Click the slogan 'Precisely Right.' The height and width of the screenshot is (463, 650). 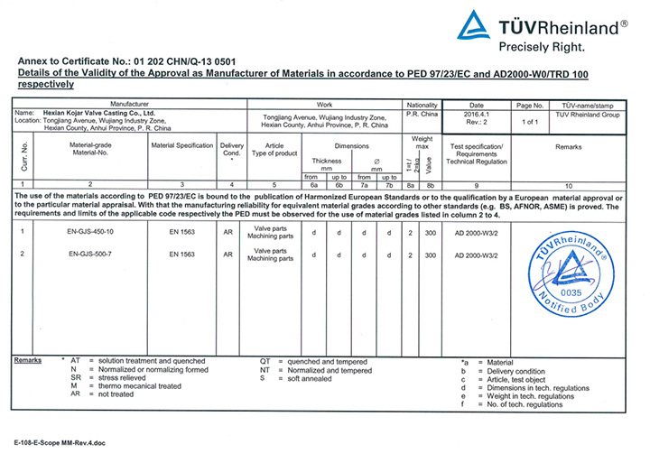pos(542,43)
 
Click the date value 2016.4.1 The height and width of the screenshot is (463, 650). pos(478,116)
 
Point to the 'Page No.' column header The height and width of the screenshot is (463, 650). pos(531,105)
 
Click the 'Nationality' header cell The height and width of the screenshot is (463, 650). pos(422,105)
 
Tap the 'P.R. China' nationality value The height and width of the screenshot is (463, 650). pos(422,115)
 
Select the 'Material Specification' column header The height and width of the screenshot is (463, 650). pos(181,145)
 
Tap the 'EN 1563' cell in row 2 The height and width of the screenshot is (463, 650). pos(181,255)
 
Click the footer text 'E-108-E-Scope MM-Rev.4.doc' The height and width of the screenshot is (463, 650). pos(56,445)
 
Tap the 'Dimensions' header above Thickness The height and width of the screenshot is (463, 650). pos(351,145)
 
